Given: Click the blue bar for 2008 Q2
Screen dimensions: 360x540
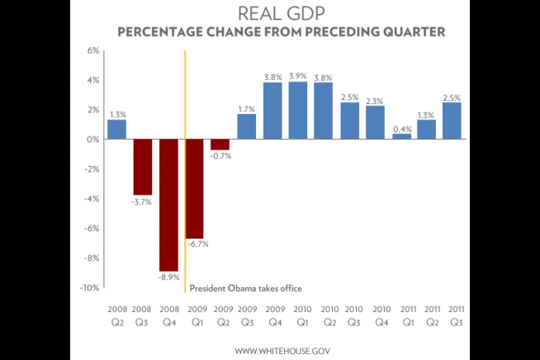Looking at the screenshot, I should tap(116, 130).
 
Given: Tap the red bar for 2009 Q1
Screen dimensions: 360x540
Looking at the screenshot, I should tap(195, 188).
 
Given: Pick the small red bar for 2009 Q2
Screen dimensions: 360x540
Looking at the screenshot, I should tap(220, 144).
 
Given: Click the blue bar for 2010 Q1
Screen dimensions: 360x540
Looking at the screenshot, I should tap(298, 111).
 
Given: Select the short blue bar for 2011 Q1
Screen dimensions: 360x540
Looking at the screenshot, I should tap(401, 136).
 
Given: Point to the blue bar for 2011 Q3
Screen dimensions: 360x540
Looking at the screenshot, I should tap(452, 121).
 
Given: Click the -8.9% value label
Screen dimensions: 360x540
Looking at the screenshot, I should tap(169, 278).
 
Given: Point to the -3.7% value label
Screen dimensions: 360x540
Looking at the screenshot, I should tap(143, 201).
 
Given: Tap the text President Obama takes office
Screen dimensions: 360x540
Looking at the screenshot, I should tap(246, 288).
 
